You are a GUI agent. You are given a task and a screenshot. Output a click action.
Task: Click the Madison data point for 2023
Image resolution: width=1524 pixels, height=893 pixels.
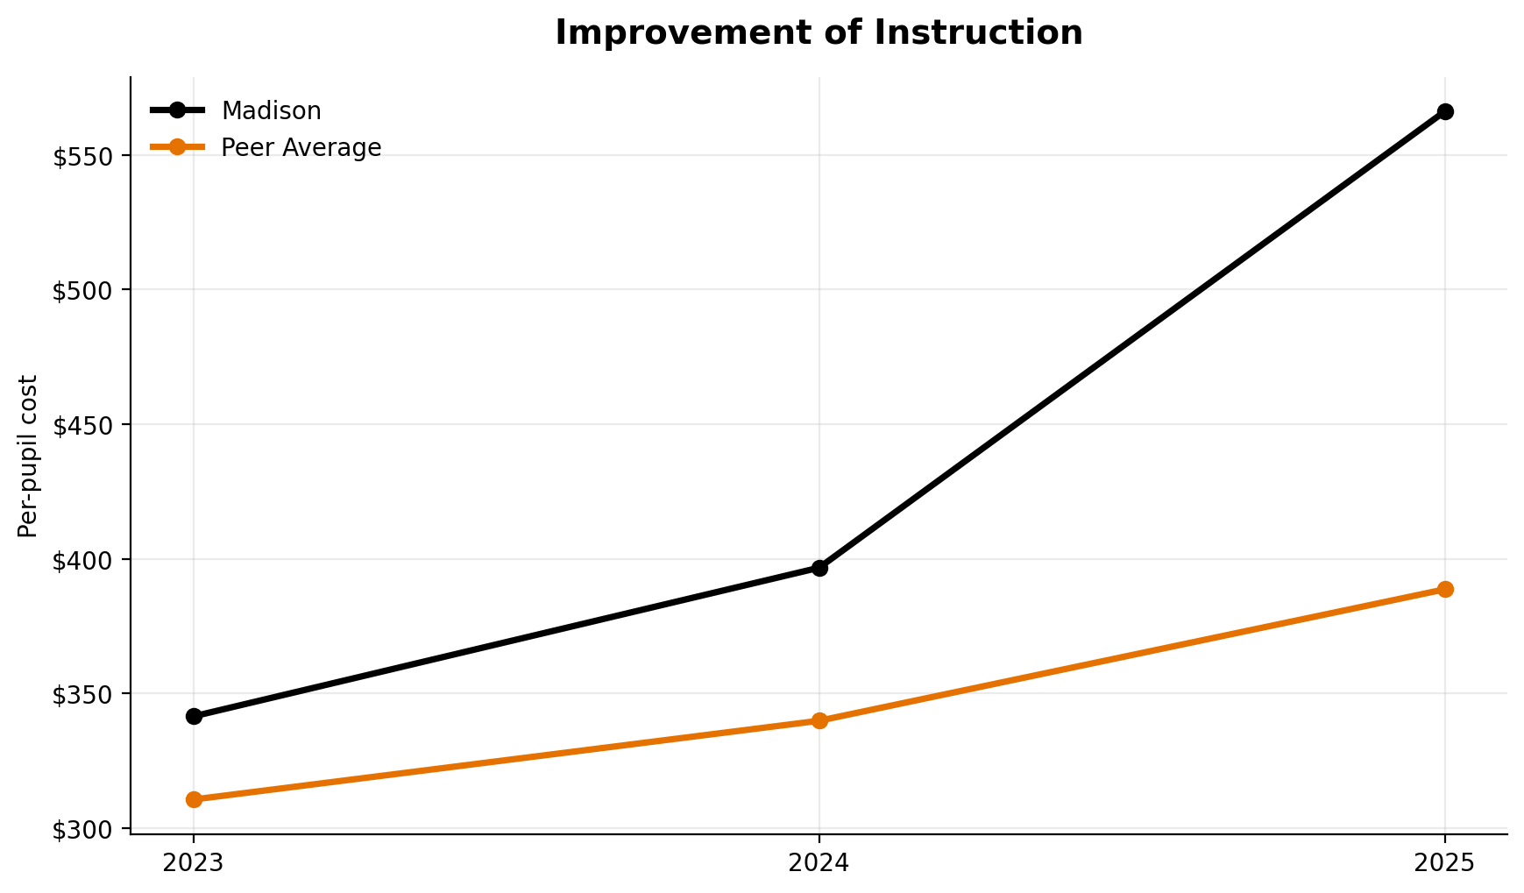coord(194,716)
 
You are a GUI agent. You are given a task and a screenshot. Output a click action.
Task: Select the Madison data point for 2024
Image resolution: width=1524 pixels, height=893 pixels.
coord(819,568)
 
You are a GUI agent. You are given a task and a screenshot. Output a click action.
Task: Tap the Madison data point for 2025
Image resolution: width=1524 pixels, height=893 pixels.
coord(1445,111)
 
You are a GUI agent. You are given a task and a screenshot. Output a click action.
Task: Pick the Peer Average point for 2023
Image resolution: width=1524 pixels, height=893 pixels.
coord(194,799)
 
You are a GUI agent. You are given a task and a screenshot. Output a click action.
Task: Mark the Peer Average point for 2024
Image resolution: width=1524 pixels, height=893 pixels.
coord(819,720)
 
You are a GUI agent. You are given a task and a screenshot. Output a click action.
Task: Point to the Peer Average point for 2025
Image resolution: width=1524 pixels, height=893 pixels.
coord(1445,589)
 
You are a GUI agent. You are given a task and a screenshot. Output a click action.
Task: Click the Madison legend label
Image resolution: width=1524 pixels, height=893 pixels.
coord(271,111)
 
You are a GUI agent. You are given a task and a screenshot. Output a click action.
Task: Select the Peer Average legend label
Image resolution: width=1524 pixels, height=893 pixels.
coord(301,148)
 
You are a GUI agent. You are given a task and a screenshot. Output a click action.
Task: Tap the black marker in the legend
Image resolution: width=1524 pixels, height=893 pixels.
coord(177,110)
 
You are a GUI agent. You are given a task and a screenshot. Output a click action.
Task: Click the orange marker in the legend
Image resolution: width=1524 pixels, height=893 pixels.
coord(177,147)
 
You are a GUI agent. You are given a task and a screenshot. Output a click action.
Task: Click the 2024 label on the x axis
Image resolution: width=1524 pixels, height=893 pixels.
coord(819,863)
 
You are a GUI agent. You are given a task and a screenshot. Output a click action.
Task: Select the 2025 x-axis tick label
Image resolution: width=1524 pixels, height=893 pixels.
coord(1445,863)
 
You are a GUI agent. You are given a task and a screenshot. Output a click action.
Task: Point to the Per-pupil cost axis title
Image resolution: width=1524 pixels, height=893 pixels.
coord(28,456)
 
